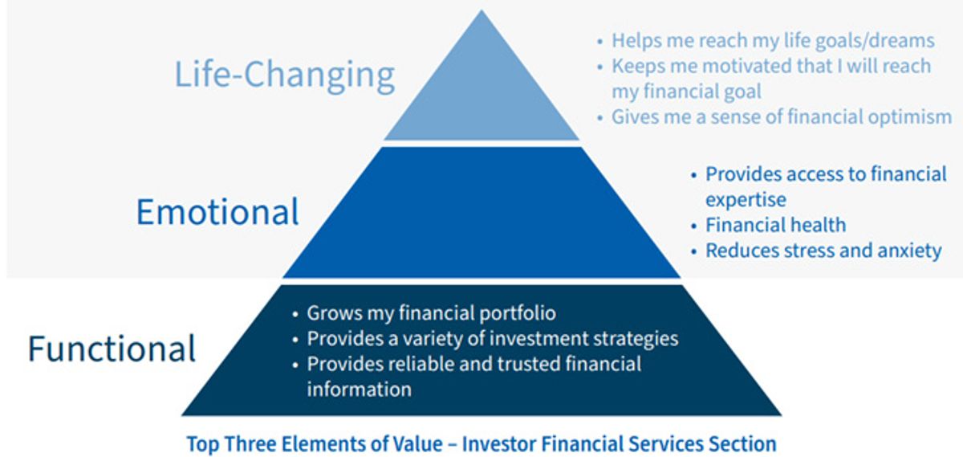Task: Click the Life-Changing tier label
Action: coord(285,75)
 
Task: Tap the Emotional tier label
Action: coord(217,212)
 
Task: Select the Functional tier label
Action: coord(112,348)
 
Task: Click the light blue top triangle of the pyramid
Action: coord(481,95)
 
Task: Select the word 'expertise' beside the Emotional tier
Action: coord(746,200)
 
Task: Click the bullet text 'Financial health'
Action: coord(775,225)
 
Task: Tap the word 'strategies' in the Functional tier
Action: coord(636,339)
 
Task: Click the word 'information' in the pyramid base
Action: coord(359,390)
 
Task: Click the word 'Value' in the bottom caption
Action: coord(417,443)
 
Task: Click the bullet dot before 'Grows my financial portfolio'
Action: coord(295,315)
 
